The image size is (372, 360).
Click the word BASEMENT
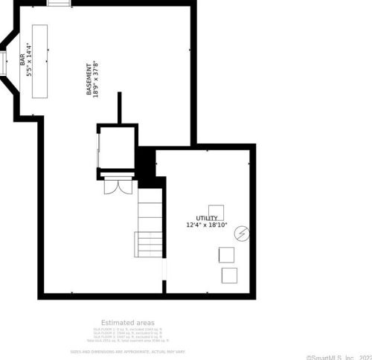tap(89, 78)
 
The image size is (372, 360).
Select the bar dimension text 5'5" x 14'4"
tap(30, 60)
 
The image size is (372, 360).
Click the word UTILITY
tap(206, 218)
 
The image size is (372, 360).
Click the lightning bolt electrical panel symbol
tap(241, 234)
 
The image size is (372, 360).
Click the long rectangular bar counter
tap(39, 60)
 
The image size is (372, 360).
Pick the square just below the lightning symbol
tap(225, 254)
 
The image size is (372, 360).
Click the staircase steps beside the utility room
tap(149, 223)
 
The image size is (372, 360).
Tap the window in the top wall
tap(59, 3)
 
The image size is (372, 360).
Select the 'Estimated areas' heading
tap(128, 321)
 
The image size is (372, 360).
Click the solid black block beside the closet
tap(147, 164)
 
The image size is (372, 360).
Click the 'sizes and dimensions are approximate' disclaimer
tap(128, 350)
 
